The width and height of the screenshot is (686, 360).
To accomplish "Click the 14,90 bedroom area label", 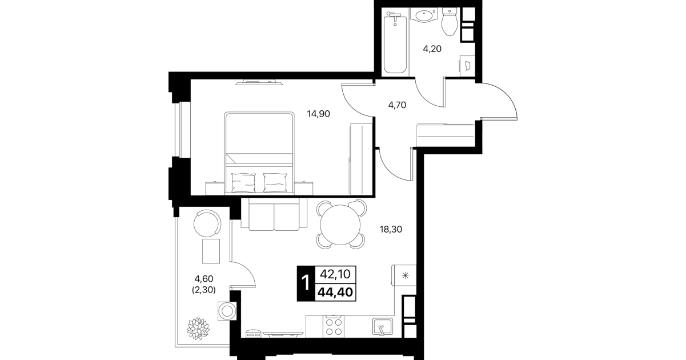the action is tap(318, 114).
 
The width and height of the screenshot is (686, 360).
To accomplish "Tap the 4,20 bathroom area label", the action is tap(432, 49).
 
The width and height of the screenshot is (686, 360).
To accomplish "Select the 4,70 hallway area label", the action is tap(397, 105).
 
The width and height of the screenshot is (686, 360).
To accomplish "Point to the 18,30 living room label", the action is tap(391, 229).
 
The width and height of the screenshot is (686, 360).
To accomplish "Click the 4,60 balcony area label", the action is tap(204, 279).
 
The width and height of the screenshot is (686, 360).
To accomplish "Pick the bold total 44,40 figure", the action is tap(335, 293).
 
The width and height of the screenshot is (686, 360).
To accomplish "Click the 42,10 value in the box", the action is tap(335, 274).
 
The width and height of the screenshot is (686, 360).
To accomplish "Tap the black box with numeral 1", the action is tap(306, 283).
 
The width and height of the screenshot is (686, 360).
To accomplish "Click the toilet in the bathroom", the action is tap(450, 22).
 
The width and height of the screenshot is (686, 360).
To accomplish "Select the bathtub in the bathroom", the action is tap(395, 43).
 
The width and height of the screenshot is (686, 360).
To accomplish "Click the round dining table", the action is tap(340, 225).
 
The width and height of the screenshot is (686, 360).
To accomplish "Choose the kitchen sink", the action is tap(383, 327).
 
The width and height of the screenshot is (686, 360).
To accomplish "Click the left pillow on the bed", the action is tap(243, 183).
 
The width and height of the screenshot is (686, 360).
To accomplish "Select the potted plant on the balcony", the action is tap(198, 329).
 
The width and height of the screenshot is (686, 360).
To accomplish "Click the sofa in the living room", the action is tap(274, 214).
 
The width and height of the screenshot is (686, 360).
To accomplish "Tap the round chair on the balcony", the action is tap(207, 223).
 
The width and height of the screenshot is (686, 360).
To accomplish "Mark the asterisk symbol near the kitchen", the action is tap(405, 275).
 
